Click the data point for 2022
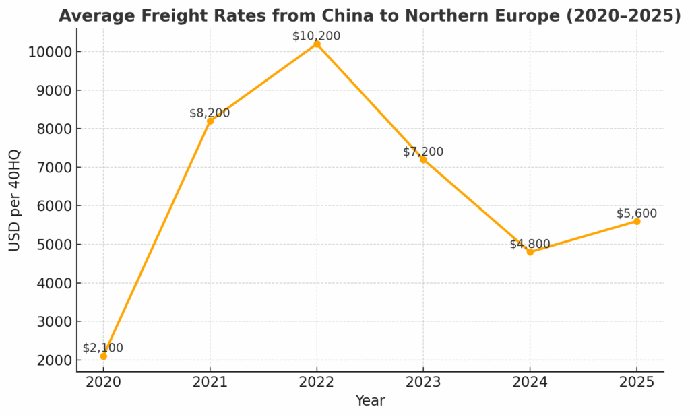[317, 44]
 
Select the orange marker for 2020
[103, 356]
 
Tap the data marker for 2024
[530, 252]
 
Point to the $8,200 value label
[210, 113]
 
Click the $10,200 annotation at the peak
[316, 36]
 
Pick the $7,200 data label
[423, 152]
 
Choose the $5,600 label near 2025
[636, 214]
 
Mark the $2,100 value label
[103, 348]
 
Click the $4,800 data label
[530, 244]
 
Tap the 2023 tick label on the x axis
[423, 382]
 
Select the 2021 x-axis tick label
[210, 382]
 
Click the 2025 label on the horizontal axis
[636, 382]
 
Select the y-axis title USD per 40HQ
[15, 200]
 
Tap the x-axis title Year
[370, 401]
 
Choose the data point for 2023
[423, 160]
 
